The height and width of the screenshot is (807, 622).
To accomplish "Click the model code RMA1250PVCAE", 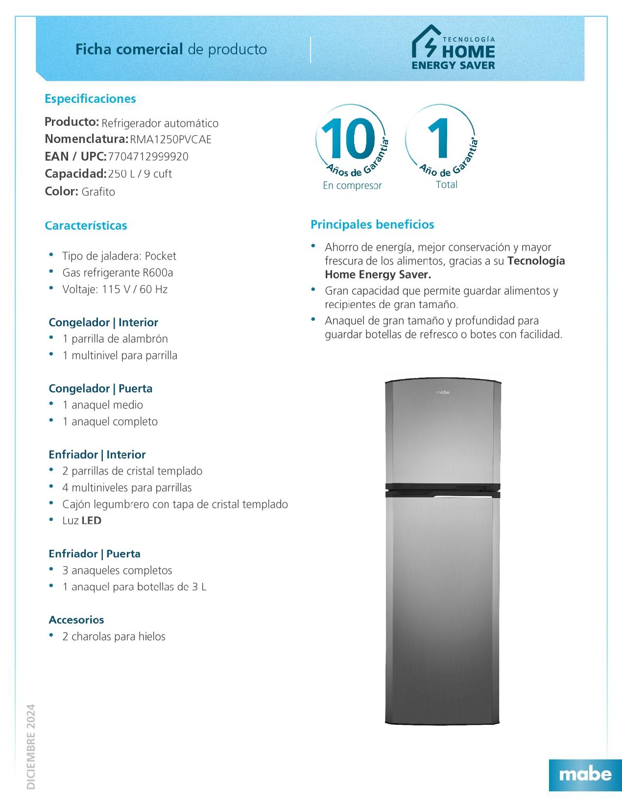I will tap(170, 140).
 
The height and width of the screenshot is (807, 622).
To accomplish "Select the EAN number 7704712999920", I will tap(148, 157).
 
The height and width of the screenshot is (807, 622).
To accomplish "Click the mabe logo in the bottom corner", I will tap(585, 774).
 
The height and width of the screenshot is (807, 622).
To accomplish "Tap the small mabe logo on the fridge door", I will tap(442, 392).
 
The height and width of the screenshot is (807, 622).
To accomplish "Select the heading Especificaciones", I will tap(90, 99).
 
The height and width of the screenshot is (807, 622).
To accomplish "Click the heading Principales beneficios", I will tap(372, 225).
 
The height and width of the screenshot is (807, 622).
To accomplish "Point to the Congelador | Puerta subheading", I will tap(100, 389).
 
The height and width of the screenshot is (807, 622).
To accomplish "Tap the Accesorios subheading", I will tap(76, 620).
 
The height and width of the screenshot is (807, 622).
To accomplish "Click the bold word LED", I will tap(92, 521).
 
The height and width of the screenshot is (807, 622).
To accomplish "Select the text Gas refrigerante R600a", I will tap(118, 273).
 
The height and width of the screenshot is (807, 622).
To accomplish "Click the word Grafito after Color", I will tap(98, 192).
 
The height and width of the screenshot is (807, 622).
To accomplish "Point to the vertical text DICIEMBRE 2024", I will tap(31, 746).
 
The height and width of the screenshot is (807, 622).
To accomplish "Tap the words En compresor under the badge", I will tap(352, 186).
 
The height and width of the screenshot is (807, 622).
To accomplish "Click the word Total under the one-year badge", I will tap(447, 185).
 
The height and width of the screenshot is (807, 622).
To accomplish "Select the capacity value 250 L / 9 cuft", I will tap(140, 174).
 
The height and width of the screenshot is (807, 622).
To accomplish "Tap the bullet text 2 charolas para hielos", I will tap(114, 637).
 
